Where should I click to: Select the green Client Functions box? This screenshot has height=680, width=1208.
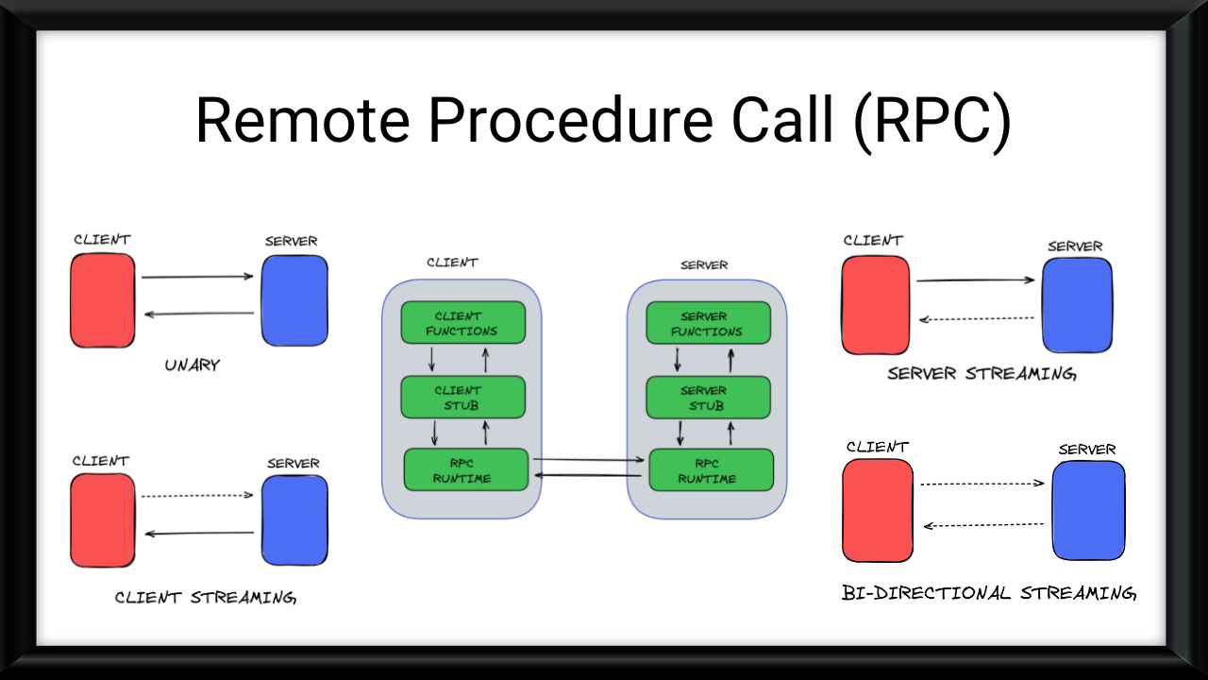pyautogui.click(x=462, y=323)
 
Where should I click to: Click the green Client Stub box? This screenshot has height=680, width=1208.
pyautogui.click(x=462, y=397)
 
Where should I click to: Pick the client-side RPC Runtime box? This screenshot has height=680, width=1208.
pyautogui.click(x=466, y=469)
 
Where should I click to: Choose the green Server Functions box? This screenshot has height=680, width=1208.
pyautogui.click(x=708, y=323)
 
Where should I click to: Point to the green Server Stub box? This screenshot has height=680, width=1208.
pyautogui.click(x=708, y=397)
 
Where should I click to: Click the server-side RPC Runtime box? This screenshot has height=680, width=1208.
pyautogui.click(x=711, y=469)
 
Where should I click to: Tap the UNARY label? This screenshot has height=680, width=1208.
pyautogui.click(x=192, y=365)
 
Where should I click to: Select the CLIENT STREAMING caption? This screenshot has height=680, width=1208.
pyautogui.click(x=205, y=597)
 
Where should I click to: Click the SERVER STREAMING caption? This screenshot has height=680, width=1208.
pyautogui.click(x=981, y=373)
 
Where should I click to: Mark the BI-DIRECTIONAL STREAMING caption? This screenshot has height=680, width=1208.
pyautogui.click(x=988, y=593)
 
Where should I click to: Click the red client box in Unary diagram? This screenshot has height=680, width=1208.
pyautogui.click(x=103, y=300)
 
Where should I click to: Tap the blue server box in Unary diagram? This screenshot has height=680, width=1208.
pyautogui.click(x=294, y=300)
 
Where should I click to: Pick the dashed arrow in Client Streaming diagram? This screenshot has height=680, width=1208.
pyautogui.click(x=197, y=496)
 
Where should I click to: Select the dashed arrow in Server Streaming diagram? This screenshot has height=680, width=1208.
pyautogui.click(x=977, y=318)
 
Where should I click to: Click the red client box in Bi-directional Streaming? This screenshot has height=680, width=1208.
pyautogui.click(x=878, y=510)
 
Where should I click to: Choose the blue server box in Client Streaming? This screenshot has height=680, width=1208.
pyautogui.click(x=294, y=519)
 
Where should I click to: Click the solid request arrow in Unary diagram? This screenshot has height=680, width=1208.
pyautogui.click(x=197, y=277)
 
